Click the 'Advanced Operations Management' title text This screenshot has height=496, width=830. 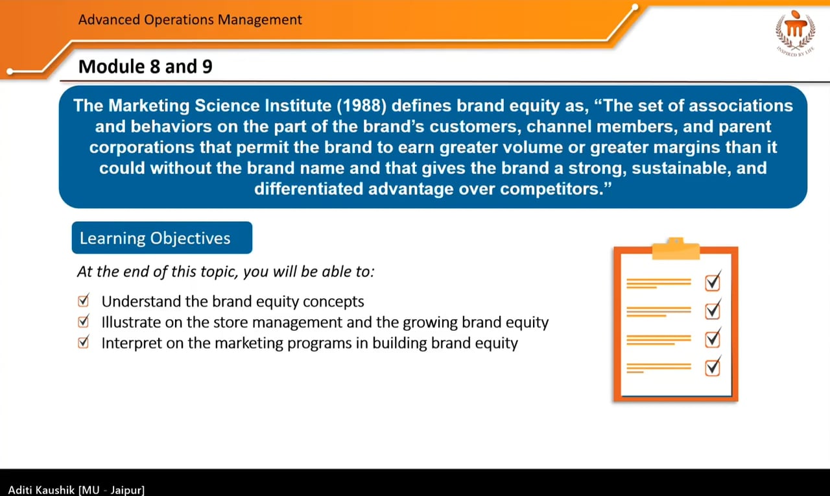tap(190, 19)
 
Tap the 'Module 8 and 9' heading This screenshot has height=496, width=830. tap(145, 66)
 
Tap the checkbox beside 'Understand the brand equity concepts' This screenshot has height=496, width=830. tap(83, 301)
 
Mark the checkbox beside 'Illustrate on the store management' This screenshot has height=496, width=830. tap(83, 322)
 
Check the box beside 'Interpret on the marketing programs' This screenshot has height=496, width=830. tap(83, 342)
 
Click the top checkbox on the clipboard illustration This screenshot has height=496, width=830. tap(712, 282)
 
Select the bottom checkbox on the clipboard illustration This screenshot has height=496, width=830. tap(712, 368)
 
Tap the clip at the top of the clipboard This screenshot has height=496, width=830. tap(675, 248)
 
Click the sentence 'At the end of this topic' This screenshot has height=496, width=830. tap(226, 271)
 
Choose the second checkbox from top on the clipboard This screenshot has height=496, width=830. tap(712, 311)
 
